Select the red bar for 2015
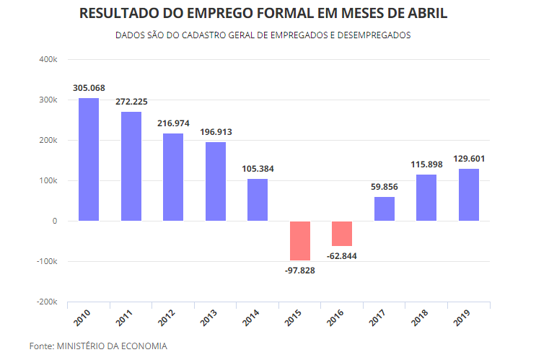click(300, 241)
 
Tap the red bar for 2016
click(342, 234)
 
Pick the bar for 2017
click(385, 208)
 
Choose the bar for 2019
click(469, 195)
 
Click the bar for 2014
click(258, 200)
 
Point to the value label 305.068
click(89, 88)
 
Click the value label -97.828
click(300, 270)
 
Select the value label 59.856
click(385, 187)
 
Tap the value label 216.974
click(173, 123)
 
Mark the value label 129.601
click(469, 159)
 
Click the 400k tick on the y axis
click(48, 59)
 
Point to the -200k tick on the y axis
click(46, 302)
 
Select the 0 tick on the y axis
click(54, 221)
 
